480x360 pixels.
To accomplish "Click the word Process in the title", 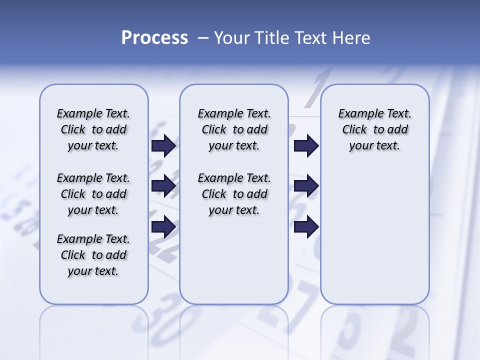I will (154, 38).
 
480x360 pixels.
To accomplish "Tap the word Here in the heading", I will (352, 38).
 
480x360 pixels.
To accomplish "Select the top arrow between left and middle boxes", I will (163, 145).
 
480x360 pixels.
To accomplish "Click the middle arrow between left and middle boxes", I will (163, 186).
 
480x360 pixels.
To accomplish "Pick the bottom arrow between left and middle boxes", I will (163, 227).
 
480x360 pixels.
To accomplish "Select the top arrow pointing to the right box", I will (306, 145).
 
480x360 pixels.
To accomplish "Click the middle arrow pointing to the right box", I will (306, 186).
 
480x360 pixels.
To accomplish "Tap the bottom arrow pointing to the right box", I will (306, 227).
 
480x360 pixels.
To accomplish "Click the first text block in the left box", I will (93, 129).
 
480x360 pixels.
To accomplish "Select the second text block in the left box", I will (93, 194).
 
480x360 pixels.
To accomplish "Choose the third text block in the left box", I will (93, 255).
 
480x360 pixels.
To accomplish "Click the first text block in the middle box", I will (234, 129).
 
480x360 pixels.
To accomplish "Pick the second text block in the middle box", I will (234, 194).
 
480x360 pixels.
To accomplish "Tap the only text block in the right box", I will (374, 129).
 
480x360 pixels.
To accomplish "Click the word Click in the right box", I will (354, 129).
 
